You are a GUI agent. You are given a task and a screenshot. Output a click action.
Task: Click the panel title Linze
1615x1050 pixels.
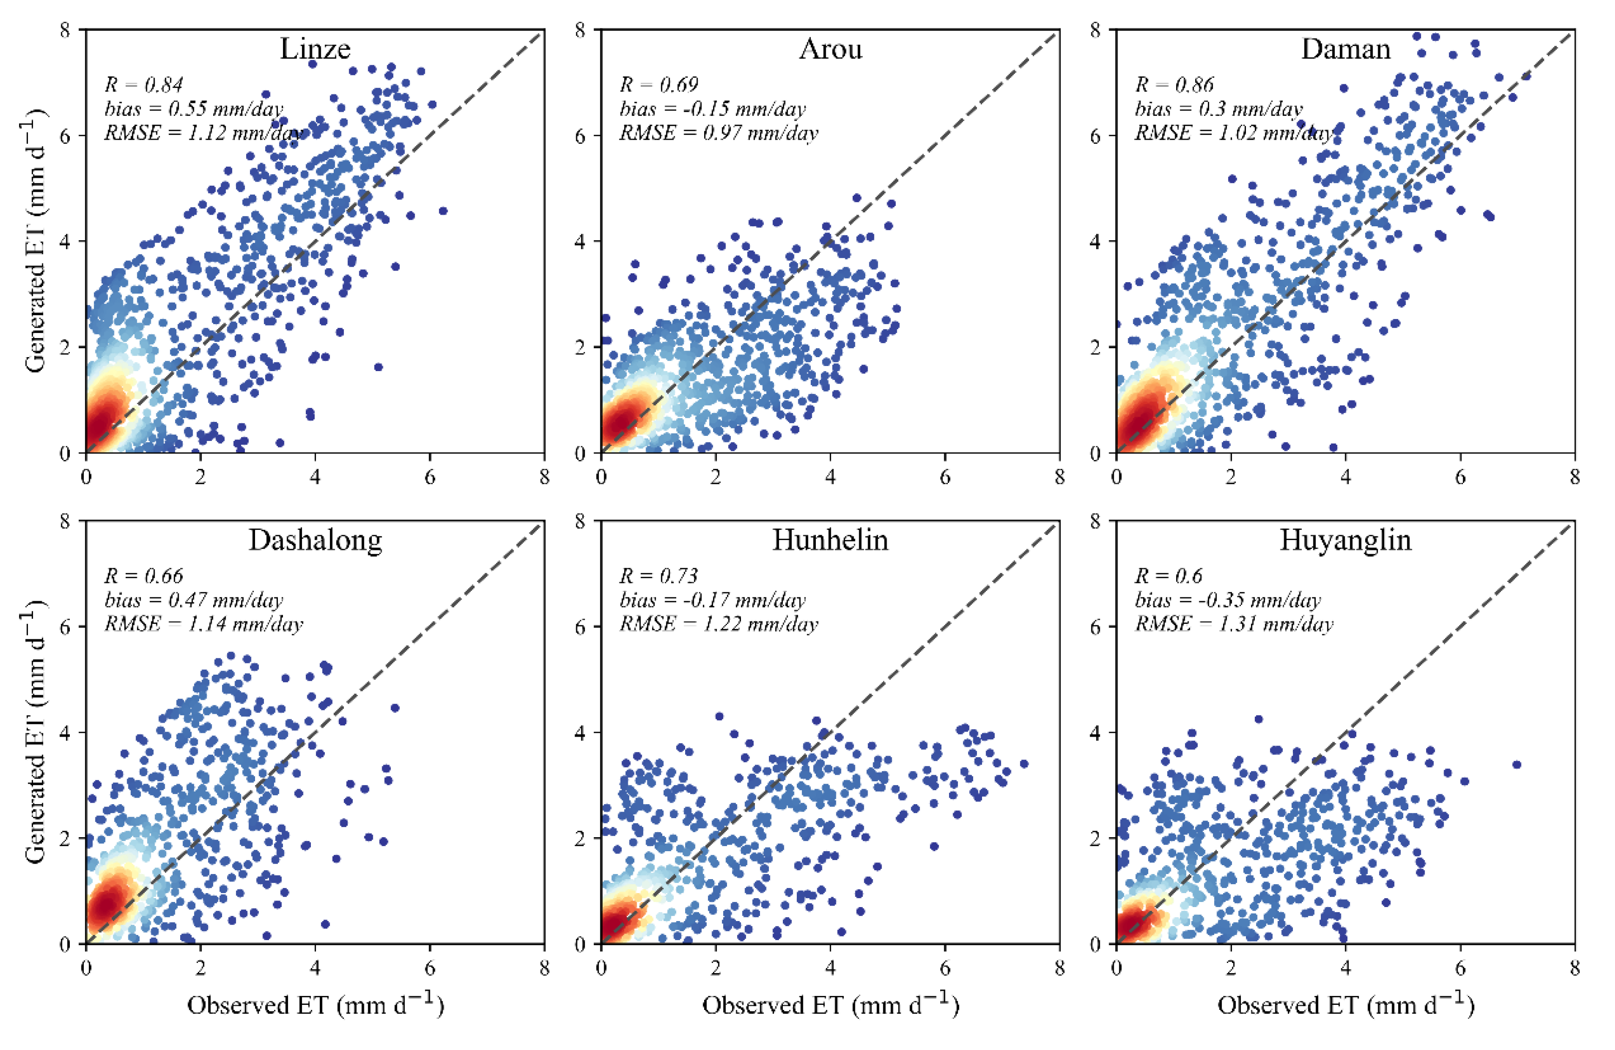point(315,49)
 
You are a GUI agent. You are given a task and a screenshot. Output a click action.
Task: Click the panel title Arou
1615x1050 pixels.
point(831,49)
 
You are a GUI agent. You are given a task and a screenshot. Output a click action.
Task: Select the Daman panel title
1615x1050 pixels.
point(1346,49)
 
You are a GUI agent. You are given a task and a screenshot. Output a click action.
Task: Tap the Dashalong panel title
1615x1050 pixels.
point(315,540)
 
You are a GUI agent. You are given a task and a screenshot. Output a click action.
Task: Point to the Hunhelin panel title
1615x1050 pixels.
point(831,540)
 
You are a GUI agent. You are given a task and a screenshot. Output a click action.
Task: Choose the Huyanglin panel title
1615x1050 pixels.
point(1346,540)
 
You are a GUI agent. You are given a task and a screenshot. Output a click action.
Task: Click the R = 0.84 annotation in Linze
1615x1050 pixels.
point(143,85)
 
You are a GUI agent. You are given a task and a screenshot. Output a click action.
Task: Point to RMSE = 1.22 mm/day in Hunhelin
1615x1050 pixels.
point(719,624)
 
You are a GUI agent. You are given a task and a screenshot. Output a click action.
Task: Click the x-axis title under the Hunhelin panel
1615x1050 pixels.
point(831,1005)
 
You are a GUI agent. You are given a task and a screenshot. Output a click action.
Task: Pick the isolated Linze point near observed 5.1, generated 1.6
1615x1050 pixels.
point(379,367)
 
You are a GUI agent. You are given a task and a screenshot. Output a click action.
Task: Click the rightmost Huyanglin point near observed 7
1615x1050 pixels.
point(1517,765)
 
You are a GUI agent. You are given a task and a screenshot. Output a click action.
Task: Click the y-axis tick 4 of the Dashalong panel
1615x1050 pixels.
point(65,732)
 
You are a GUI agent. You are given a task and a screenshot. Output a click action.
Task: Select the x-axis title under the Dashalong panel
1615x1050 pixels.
point(315,1005)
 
